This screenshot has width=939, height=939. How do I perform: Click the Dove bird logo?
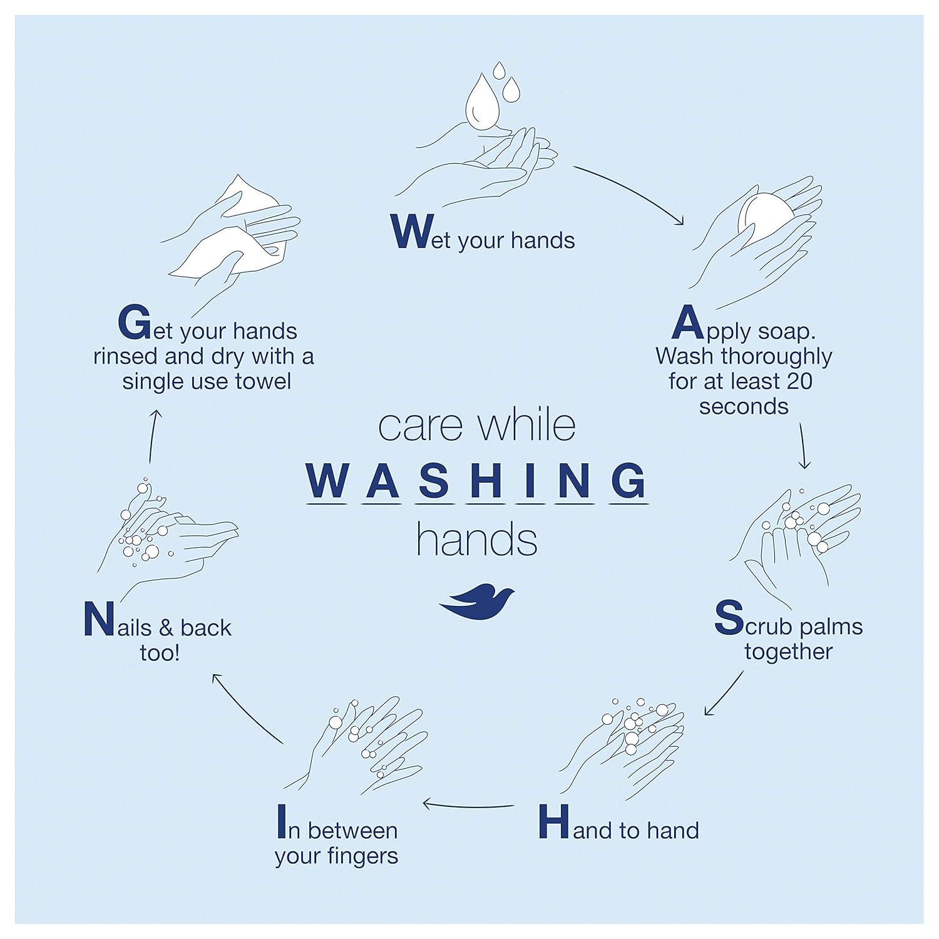tap(477, 602)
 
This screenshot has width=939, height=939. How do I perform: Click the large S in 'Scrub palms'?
tap(729, 617)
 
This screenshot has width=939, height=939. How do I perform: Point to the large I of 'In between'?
tap(282, 822)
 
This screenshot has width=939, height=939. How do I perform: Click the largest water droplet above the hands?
tap(481, 102)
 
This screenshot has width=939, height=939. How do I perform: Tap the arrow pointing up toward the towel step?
tap(154, 436)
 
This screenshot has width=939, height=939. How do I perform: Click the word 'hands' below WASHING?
tap(477, 540)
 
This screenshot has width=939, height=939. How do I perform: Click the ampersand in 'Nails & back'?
tap(166, 627)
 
